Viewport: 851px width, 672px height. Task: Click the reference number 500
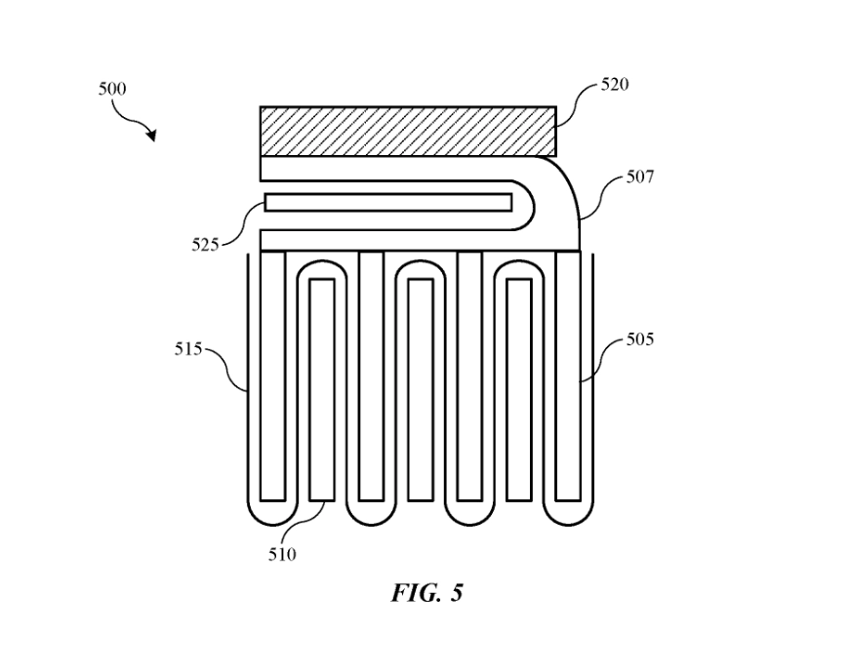(x=112, y=89)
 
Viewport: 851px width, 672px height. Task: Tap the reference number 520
(x=615, y=85)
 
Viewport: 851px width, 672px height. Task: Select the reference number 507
(x=639, y=178)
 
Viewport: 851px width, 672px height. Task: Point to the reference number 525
(x=205, y=244)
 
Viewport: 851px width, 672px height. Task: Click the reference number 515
(x=188, y=349)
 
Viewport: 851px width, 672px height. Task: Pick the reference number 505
(x=639, y=339)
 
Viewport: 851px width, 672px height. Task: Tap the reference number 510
(x=282, y=555)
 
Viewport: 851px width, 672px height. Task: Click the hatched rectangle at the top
(x=408, y=132)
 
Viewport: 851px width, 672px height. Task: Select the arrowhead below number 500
(x=151, y=136)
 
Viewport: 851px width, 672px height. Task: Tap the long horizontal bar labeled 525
(x=389, y=203)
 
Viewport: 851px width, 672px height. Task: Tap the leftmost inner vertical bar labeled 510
(x=322, y=390)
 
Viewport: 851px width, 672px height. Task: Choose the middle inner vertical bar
(x=420, y=390)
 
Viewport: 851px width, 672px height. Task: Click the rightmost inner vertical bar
(x=518, y=390)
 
